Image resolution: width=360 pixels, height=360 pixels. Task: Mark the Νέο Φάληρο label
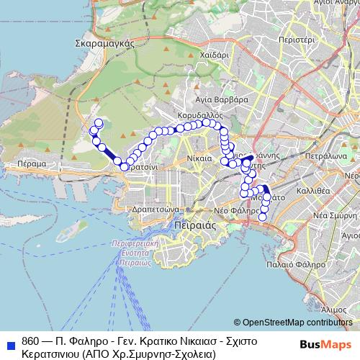[235, 210]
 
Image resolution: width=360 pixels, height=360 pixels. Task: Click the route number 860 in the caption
[31, 341]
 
